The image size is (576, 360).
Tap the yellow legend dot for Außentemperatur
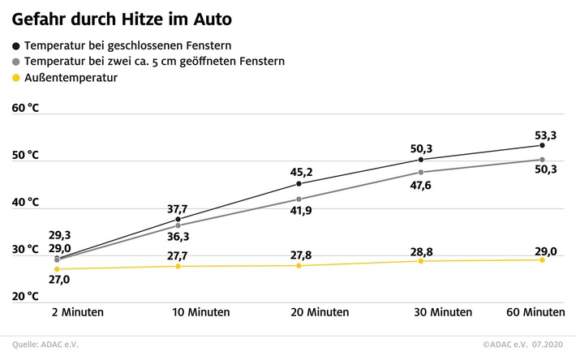[x=16, y=79]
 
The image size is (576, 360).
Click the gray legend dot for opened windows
[x=16, y=61]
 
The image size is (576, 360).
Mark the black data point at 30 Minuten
[x=421, y=160]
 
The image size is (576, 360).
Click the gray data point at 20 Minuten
[x=299, y=199]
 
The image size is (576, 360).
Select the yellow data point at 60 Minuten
[x=542, y=259]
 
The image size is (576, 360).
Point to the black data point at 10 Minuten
[x=178, y=219]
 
